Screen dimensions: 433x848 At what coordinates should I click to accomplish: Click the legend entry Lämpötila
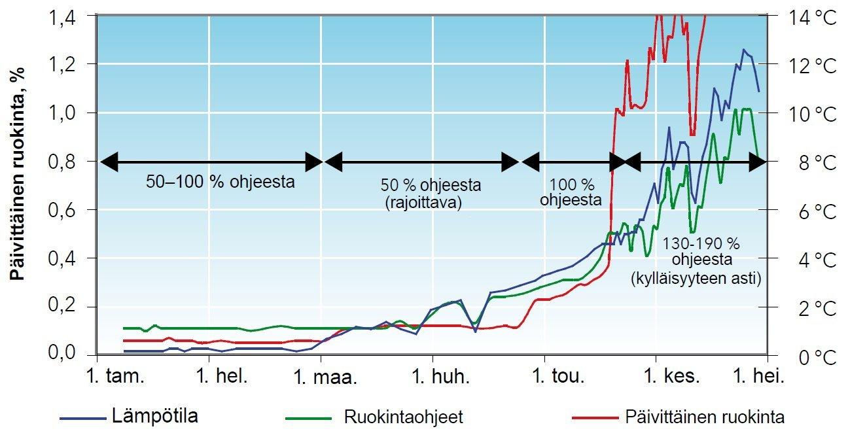[155, 415]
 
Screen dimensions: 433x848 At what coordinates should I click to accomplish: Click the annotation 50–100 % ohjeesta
[221, 182]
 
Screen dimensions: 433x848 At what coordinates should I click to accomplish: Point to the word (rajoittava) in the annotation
[423, 203]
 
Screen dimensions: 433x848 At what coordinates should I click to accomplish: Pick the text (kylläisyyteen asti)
[696, 279]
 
